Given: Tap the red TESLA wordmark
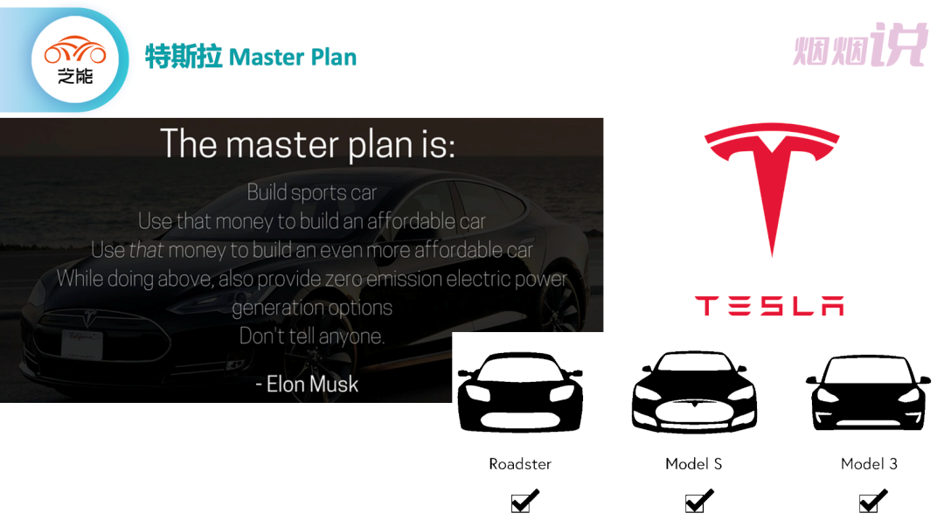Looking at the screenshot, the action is (769, 306).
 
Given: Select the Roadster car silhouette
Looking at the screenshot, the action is (520, 392).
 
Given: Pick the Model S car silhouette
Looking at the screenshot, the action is (694, 392).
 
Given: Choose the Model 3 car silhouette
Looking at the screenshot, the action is (868, 392).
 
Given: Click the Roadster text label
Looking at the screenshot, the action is (520, 464).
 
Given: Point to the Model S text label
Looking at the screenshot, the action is (693, 464).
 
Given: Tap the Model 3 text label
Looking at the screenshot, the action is (869, 464).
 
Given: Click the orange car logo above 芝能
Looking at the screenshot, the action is (75, 50).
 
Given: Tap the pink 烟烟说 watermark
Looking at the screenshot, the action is (860, 45).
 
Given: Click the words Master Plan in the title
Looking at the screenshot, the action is (293, 57).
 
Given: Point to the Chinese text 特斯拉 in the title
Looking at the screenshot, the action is (184, 57).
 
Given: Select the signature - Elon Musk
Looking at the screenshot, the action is (307, 385).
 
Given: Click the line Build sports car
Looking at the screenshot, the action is (312, 193).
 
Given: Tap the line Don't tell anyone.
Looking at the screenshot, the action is (312, 336).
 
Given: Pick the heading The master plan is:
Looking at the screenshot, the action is (308, 144).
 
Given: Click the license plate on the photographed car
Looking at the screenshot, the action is (82, 344).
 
